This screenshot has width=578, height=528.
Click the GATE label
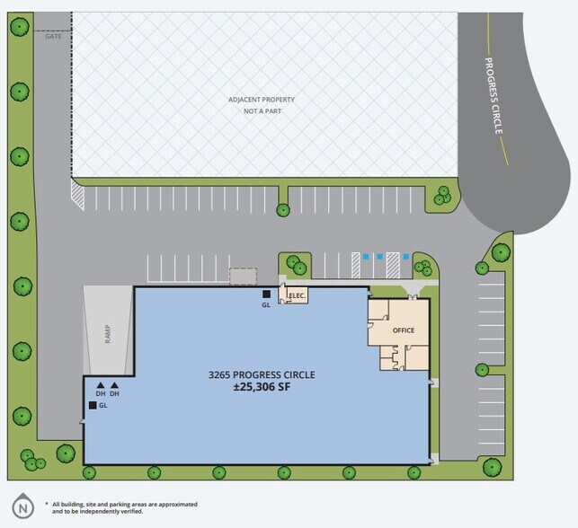tap(53, 36)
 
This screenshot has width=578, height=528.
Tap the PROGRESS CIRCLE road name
tap(494, 96)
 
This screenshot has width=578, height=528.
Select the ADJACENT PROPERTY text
tap(262, 100)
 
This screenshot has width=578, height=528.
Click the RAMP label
tap(108, 333)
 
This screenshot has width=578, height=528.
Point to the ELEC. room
tap(294, 295)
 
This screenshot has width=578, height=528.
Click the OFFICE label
tap(404, 330)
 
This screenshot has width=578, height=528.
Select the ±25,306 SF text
tap(262, 387)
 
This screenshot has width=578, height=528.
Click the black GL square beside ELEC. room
tap(266, 294)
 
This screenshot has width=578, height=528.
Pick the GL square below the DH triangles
tap(93, 405)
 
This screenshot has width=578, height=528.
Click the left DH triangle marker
tap(101, 385)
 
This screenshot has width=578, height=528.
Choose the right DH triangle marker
tap(115, 385)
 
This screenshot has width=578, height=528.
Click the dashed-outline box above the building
tap(243, 277)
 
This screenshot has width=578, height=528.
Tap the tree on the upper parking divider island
tap(283, 210)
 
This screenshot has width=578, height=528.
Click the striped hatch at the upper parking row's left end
tap(77, 195)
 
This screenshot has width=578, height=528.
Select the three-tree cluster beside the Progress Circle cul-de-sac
tap(442, 196)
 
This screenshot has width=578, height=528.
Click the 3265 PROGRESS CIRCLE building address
tap(262, 374)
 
